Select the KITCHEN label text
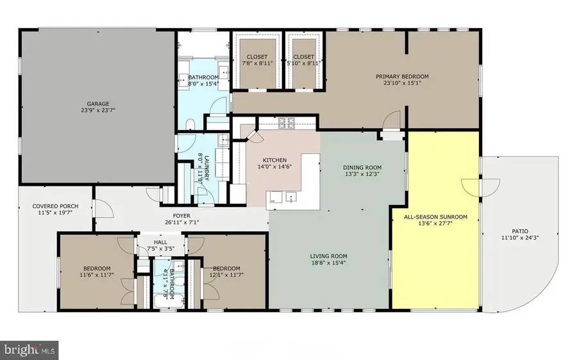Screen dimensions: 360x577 [274, 160]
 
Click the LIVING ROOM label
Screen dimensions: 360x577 [329, 255]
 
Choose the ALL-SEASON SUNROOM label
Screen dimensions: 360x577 [435, 217]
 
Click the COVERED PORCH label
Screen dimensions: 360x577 [55, 206]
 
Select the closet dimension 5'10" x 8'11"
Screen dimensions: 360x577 [305, 64]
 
